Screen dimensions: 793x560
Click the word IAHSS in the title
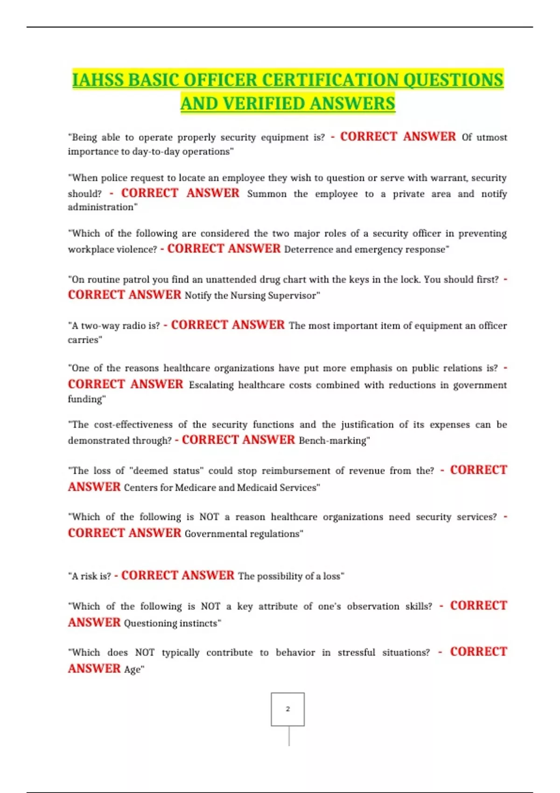pyautogui.click(x=98, y=80)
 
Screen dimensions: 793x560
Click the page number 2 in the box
pyautogui.click(x=287, y=709)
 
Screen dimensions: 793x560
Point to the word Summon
pyautogui.click(x=266, y=194)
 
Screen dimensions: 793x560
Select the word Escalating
pyautogui.click(x=211, y=385)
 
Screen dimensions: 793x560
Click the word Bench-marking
pyautogui.click(x=333, y=441)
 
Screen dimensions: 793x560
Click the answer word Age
pyautogui.click(x=133, y=670)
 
